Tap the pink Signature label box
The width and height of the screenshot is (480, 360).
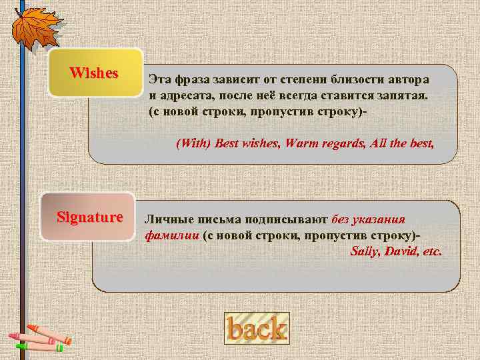[x=89, y=217]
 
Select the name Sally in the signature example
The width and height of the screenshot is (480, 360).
[x=364, y=252]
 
